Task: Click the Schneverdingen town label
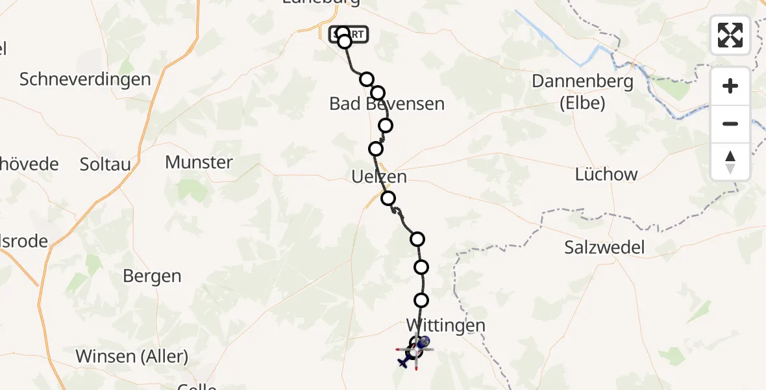[x=85, y=79]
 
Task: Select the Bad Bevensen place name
[x=387, y=103]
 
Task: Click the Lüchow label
[x=606, y=174]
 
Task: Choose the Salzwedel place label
[x=604, y=247]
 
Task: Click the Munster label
[x=199, y=162]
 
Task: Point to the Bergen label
[x=152, y=276]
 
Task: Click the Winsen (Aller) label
[x=132, y=356]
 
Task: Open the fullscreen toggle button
[x=730, y=35]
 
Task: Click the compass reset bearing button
[x=730, y=161]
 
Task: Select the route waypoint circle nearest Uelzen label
[x=388, y=198]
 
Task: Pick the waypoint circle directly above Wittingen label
[x=421, y=300]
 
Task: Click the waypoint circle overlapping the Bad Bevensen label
[x=378, y=93]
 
